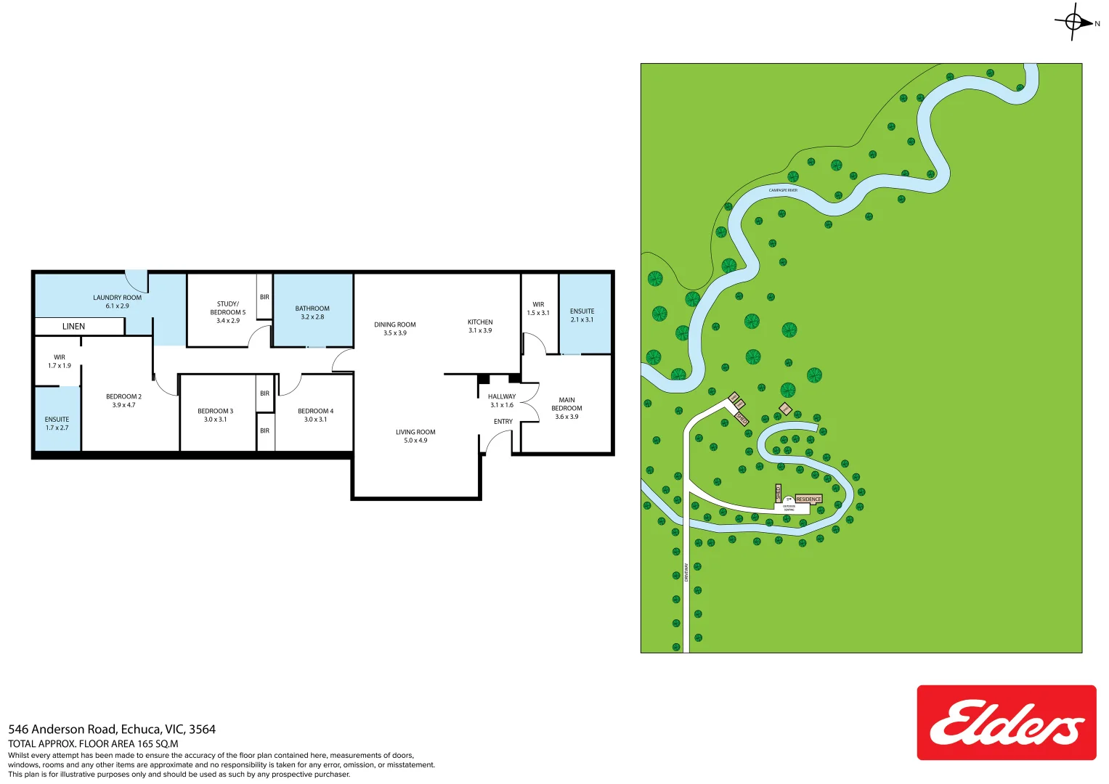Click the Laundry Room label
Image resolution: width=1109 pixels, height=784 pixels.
[x=117, y=298]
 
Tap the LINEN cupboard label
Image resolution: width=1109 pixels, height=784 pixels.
[x=73, y=327]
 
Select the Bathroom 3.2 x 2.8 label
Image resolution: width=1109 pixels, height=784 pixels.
[x=312, y=313]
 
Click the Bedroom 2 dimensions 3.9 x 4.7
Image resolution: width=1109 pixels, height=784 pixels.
[x=123, y=405]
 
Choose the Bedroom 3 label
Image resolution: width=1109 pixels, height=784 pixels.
[x=215, y=411]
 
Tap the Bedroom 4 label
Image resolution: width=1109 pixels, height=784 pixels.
[x=315, y=411]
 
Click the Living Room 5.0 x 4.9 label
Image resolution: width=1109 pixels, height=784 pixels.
[x=415, y=436]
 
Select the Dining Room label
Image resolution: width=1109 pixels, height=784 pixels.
[x=395, y=324]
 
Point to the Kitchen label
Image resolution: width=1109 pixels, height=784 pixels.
[x=480, y=322]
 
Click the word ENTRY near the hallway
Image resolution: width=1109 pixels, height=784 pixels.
[x=503, y=422]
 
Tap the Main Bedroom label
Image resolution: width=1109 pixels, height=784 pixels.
[x=566, y=404]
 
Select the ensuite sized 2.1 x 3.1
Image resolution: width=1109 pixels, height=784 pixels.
[x=582, y=315]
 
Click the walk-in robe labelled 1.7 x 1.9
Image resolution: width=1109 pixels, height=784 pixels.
[x=60, y=362]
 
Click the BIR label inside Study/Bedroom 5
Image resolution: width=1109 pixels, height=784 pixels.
[x=264, y=297]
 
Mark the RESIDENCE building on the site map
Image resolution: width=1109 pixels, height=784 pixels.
[x=808, y=499]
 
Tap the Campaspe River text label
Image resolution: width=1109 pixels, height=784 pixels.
[x=783, y=190]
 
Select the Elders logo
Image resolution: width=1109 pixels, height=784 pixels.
[x=1006, y=722]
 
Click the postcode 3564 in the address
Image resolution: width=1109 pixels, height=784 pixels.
[x=202, y=730]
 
